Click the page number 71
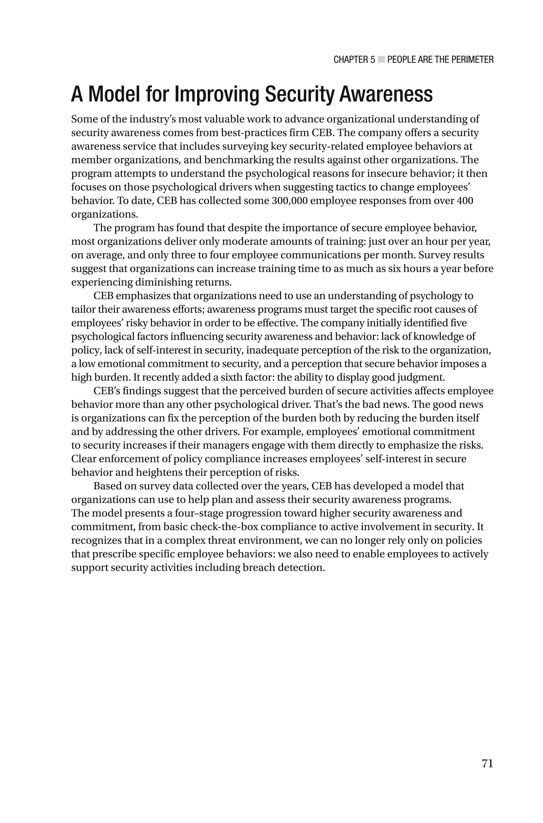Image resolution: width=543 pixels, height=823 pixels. (x=487, y=763)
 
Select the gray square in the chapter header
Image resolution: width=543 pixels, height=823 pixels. (x=381, y=60)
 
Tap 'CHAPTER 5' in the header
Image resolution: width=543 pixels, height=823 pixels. (x=354, y=60)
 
